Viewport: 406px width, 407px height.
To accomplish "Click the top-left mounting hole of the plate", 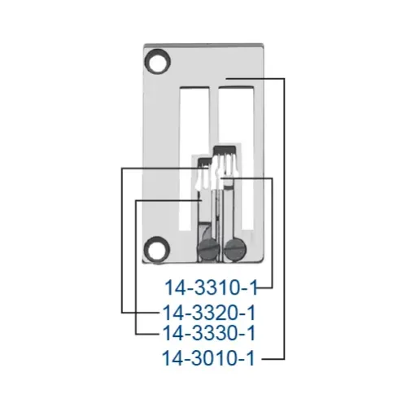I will click(153, 61).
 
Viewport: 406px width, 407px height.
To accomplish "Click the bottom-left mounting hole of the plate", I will click(153, 247).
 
